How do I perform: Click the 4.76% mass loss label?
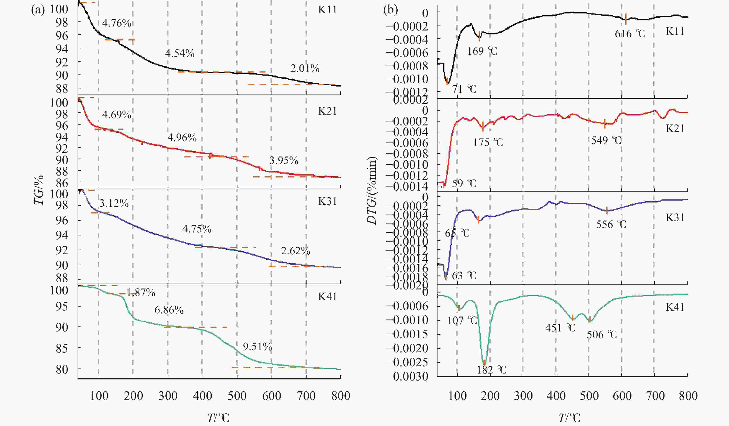[x=117, y=23]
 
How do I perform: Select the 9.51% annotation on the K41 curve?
[x=257, y=347]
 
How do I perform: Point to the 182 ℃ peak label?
[x=492, y=370]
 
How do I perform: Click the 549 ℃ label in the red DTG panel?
[x=606, y=140]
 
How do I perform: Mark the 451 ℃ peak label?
[x=560, y=328]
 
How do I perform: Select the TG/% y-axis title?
[x=39, y=190]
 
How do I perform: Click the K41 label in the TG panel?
[x=327, y=297]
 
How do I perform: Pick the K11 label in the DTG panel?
[x=675, y=31]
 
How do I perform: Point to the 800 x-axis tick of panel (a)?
[x=341, y=396]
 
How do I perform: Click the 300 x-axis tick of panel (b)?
[x=523, y=396]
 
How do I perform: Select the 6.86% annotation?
[x=169, y=310]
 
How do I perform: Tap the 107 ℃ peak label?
[x=462, y=320]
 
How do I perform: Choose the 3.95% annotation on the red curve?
[x=284, y=161]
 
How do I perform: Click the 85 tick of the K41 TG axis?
[x=62, y=348]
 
